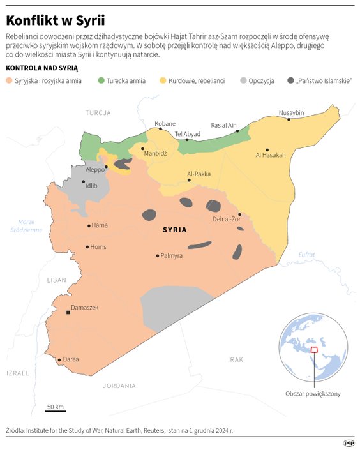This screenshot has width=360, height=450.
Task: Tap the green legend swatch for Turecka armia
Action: (x=101, y=81)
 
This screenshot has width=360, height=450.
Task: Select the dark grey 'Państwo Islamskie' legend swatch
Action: (x=291, y=81)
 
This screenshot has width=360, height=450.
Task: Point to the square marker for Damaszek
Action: (x=68, y=313)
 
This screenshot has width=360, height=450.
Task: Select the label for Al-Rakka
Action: (x=199, y=173)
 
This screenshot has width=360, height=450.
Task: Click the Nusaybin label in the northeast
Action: (x=291, y=113)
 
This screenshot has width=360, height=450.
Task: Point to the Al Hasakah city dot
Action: (x=267, y=149)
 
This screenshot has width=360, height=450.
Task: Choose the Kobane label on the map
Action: (x=165, y=123)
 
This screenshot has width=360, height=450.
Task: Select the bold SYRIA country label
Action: (x=174, y=229)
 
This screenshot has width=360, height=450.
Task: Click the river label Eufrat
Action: (x=306, y=255)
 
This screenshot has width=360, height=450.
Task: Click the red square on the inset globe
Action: (x=313, y=349)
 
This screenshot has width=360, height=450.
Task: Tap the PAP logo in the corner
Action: (x=349, y=442)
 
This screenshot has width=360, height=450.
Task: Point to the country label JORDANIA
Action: (x=119, y=386)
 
